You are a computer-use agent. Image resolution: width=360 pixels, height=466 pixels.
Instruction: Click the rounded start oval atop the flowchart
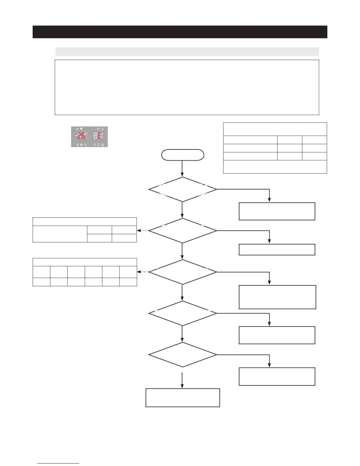(x=182, y=155)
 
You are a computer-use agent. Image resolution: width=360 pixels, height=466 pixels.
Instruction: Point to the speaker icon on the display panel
(x=99, y=129)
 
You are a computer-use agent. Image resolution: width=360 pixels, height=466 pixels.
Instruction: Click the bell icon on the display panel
(x=102, y=129)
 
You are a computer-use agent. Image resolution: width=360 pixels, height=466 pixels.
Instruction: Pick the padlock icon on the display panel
(x=95, y=145)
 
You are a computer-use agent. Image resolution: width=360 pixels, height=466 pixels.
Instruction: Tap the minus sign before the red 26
(x=76, y=136)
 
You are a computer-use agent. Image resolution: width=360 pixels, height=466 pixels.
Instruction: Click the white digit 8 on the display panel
(x=96, y=136)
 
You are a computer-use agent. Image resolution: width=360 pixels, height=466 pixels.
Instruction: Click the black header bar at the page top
(x=180, y=32)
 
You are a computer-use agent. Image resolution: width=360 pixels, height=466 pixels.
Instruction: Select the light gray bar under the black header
(x=187, y=52)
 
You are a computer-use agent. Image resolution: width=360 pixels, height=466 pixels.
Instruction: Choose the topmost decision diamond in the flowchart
(x=182, y=189)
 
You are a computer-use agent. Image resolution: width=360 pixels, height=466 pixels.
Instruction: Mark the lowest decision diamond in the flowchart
(x=182, y=355)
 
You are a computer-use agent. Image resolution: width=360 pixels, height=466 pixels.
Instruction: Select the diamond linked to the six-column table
(x=182, y=272)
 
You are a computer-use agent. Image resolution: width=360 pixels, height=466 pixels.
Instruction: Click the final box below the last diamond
(x=183, y=397)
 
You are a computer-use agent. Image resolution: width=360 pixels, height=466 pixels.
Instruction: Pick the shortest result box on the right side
(x=277, y=249)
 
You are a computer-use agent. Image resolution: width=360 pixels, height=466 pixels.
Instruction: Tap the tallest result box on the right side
(x=277, y=297)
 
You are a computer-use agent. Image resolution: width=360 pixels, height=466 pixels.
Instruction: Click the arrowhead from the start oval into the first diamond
(x=182, y=174)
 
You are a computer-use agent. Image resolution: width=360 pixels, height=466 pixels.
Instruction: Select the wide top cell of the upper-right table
(x=275, y=129)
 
